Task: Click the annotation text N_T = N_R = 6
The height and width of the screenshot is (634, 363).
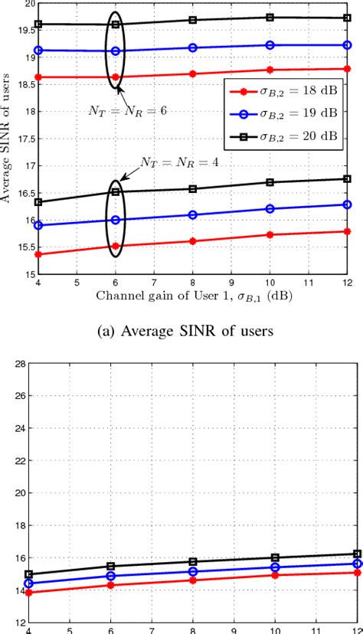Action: (126, 110)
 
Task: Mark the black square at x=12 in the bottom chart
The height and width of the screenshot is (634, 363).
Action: (358, 554)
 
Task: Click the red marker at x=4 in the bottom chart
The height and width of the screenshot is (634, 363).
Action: (29, 593)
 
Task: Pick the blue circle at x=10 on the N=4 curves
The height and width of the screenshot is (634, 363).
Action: (270, 208)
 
